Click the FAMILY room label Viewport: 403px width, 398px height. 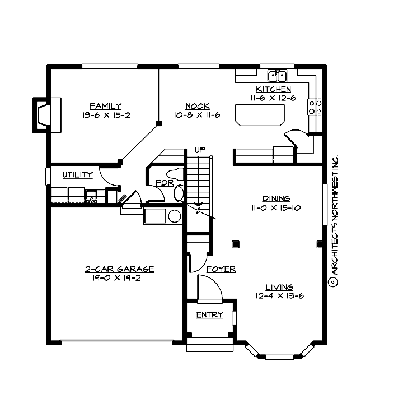(105, 106)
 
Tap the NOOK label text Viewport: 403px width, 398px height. (198, 106)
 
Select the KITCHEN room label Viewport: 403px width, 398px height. (273, 90)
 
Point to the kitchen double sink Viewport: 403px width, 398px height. (277, 75)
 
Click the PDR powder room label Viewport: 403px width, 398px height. (164, 182)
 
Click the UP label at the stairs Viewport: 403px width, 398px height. (199, 150)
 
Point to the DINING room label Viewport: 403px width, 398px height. (276, 198)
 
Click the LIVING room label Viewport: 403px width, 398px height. (280, 287)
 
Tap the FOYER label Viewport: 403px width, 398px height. (221, 270)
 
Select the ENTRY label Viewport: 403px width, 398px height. (209, 315)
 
